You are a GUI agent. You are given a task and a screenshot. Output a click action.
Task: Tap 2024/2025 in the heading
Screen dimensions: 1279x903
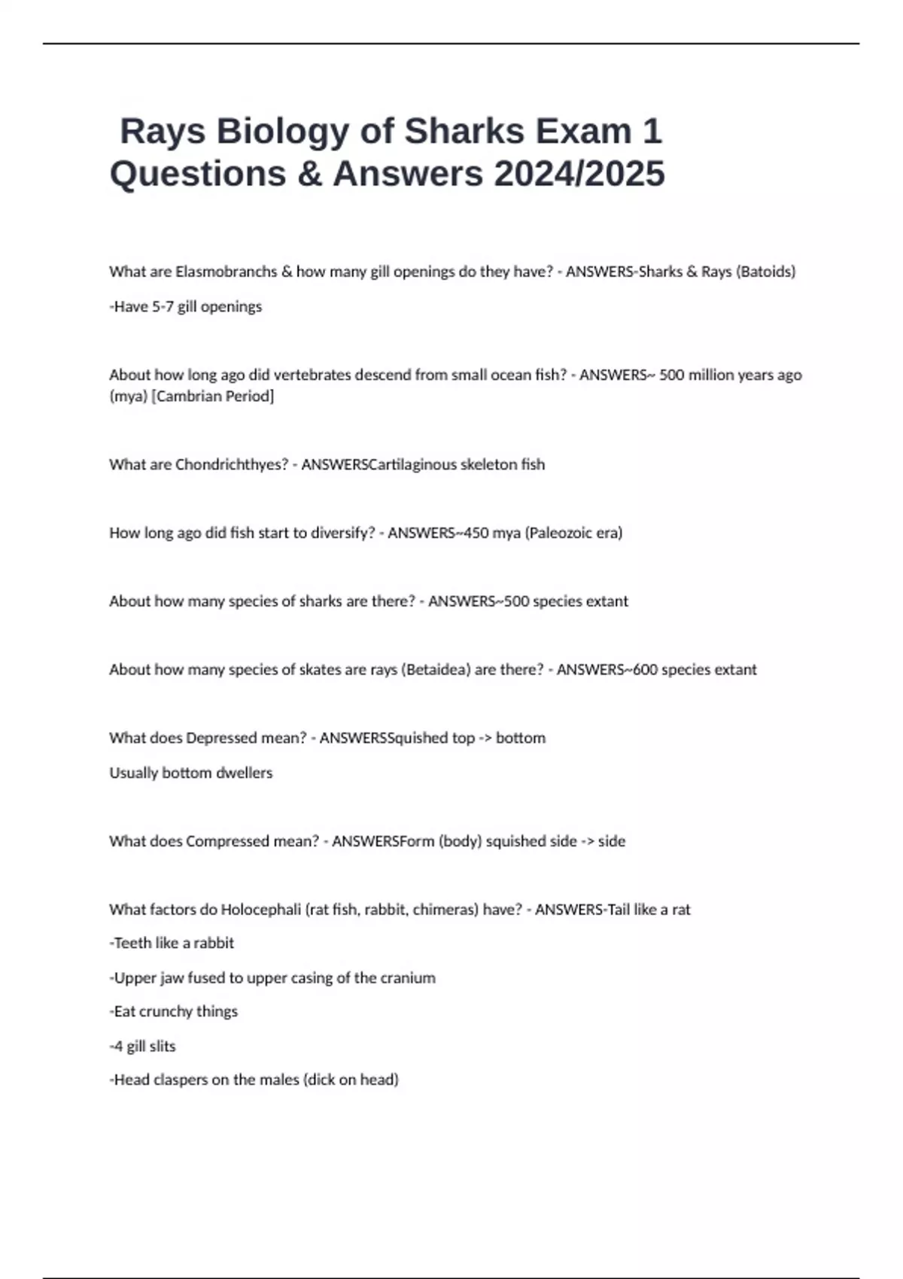coord(579,174)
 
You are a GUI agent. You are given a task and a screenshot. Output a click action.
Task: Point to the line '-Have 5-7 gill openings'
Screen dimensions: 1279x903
coord(186,307)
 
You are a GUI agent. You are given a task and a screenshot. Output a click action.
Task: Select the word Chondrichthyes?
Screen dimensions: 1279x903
coord(232,464)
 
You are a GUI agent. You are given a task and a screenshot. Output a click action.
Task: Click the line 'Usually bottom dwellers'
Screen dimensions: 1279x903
coord(191,773)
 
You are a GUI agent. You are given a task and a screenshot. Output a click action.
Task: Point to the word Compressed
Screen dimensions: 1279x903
coord(227,841)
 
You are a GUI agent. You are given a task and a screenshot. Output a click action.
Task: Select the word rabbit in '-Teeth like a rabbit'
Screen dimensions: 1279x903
coord(214,943)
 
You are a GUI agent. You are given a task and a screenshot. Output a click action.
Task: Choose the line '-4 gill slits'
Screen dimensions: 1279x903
coord(143,1046)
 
